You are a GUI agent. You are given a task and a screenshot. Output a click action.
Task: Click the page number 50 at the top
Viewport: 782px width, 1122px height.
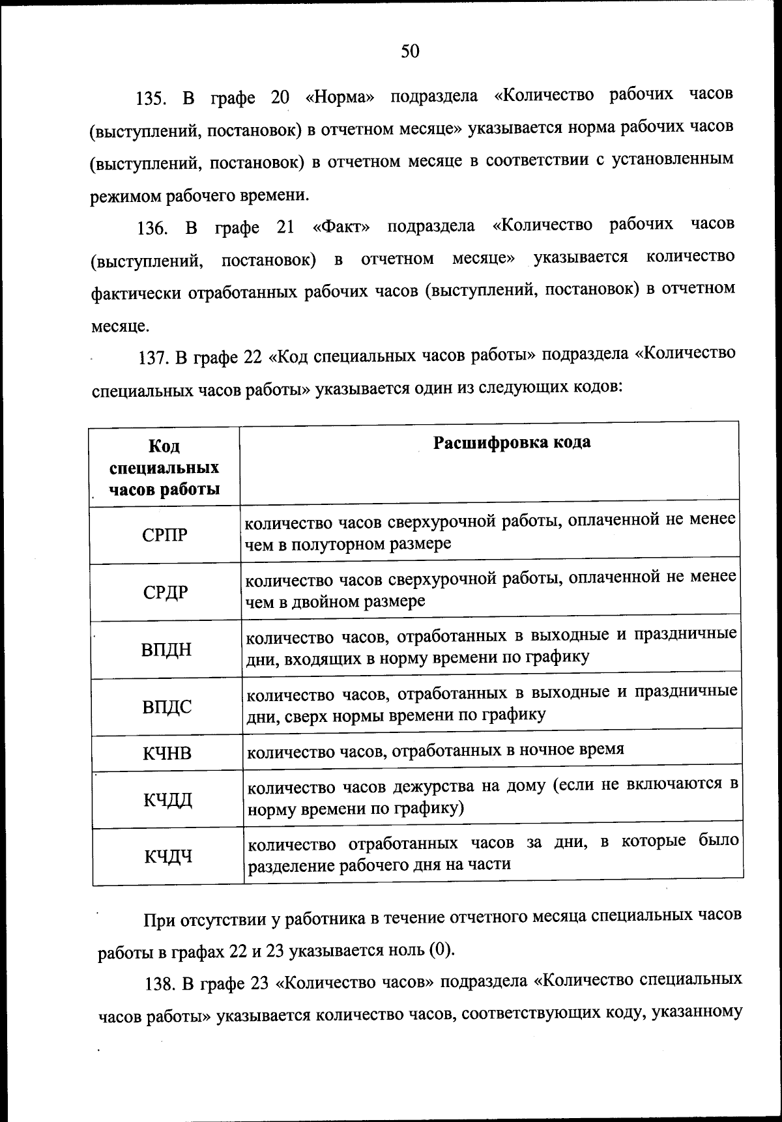tap(410, 51)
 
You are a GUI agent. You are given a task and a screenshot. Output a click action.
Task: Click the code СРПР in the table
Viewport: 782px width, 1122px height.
tap(164, 536)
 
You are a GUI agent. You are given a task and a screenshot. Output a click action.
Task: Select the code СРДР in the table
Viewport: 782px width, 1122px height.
tap(166, 592)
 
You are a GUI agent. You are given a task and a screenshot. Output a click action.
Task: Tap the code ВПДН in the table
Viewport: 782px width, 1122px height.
tap(167, 650)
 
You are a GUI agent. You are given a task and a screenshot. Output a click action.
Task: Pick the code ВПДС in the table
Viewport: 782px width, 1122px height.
tap(167, 706)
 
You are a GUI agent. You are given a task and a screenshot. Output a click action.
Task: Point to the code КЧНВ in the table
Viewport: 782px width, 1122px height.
tap(167, 753)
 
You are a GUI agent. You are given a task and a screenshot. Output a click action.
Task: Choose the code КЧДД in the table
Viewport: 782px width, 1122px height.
tap(168, 799)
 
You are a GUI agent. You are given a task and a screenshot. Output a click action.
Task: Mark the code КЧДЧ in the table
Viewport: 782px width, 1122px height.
tap(168, 856)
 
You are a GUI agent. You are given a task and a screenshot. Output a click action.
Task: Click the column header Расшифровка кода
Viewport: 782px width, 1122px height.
tap(512, 442)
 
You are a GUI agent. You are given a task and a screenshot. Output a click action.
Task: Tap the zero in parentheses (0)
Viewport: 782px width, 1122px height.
tap(440, 950)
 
